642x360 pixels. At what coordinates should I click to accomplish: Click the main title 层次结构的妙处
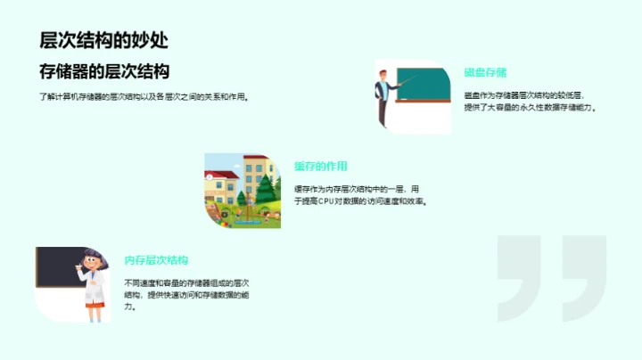pyautogui.click(x=103, y=40)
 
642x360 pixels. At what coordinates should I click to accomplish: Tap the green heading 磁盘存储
pyautogui.click(x=485, y=72)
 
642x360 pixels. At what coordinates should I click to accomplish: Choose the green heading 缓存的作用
pyautogui.click(x=320, y=166)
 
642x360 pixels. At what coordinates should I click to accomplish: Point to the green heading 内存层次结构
pyautogui.click(x=156, y=260)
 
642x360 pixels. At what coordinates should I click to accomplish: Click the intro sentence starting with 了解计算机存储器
pyautogui.click(x=144, y=96)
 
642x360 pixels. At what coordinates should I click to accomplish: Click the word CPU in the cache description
pyautogui.click(x=326, y=201)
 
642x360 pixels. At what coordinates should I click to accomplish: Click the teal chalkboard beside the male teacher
pyautogui.click(x=424, y=83)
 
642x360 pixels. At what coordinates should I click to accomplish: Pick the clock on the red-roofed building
pyautogui.click(x=210, y=176)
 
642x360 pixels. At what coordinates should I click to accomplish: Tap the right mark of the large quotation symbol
pyautogui.click(x=584, y=276)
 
